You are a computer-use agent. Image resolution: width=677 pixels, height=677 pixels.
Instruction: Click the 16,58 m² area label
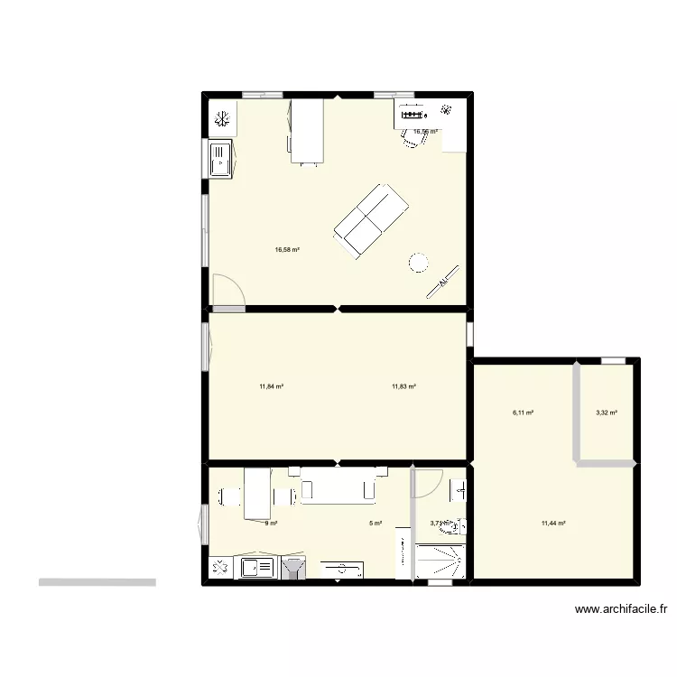[x=287, y=250]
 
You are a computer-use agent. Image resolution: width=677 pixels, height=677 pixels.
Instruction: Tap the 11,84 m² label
[x=271, y=386]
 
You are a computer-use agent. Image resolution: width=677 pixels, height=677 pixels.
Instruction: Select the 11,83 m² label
[x=403, y=386]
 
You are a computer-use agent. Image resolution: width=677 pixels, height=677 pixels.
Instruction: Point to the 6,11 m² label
[x=523, y=413]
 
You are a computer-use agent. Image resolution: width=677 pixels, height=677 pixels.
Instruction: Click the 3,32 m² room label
[x=607, y=413]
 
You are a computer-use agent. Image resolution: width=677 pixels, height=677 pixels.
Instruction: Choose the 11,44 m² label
[x=553, y=523]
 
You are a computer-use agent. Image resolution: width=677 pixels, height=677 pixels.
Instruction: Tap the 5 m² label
[x=376, y=523]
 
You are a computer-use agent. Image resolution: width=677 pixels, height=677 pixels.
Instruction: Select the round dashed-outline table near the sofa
[x=419, y=262]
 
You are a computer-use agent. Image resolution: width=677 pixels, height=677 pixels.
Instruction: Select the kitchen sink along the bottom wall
[x=257, y=569]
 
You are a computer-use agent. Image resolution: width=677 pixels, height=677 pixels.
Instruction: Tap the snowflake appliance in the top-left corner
[x=222, y=118]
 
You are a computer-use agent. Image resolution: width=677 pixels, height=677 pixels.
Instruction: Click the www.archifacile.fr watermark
[x=621, y=609]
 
